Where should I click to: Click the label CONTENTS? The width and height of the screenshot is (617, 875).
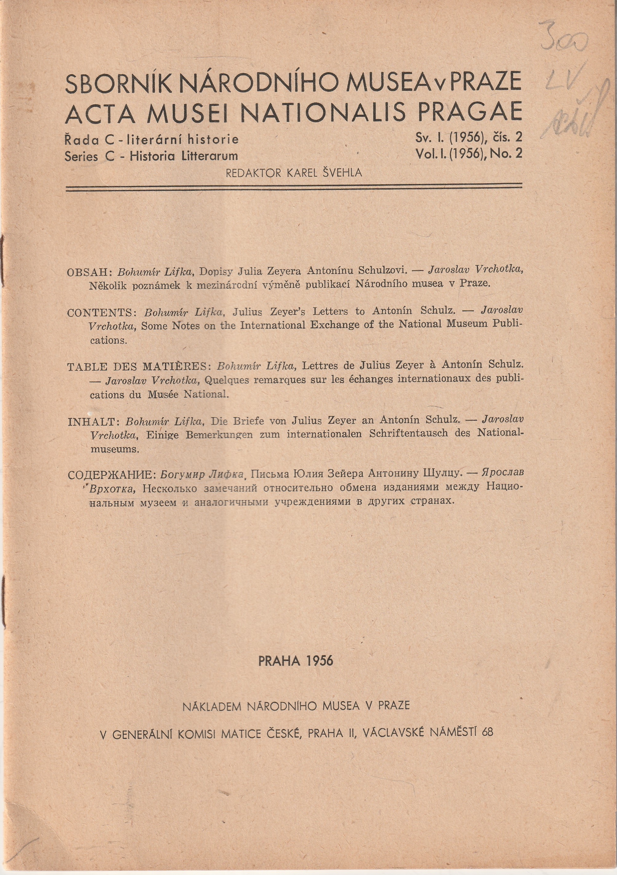pyautogui.click(x=102, y=313)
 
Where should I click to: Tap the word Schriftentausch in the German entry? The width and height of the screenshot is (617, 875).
pyautogui.click(x=408, y=434)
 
